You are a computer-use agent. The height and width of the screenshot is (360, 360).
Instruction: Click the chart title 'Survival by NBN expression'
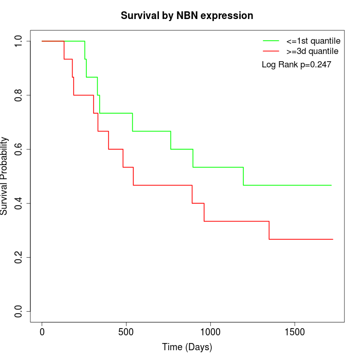(187, 15)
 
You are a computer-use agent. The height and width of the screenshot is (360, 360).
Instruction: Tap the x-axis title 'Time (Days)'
(187, 347)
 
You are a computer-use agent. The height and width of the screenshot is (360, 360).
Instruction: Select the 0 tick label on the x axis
(42, 332)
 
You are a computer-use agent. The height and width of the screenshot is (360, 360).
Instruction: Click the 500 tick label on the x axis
(126, 332)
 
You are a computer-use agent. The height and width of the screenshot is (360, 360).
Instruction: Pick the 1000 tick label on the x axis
(210, 332)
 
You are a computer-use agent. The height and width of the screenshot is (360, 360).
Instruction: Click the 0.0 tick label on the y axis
(19, 311)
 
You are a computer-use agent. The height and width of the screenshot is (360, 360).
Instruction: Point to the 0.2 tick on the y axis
(19, 257)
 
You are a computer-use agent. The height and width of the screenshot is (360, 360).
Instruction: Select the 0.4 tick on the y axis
(19, 203)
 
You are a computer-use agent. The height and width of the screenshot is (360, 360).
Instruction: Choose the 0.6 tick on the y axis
(19, 149)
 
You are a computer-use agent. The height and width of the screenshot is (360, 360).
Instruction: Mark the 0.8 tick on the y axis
(19, 95)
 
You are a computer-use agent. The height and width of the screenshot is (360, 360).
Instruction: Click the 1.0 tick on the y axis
(19, 41)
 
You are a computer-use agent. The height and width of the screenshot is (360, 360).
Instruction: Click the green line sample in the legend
(271, 40)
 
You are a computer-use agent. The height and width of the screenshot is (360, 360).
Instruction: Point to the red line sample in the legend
(271, 51)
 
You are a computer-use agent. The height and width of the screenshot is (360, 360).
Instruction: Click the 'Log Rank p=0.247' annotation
(296, 65)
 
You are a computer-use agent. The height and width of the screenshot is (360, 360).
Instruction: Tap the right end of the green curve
(332, 185)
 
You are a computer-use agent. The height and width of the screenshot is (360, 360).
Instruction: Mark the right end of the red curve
(333, 239)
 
